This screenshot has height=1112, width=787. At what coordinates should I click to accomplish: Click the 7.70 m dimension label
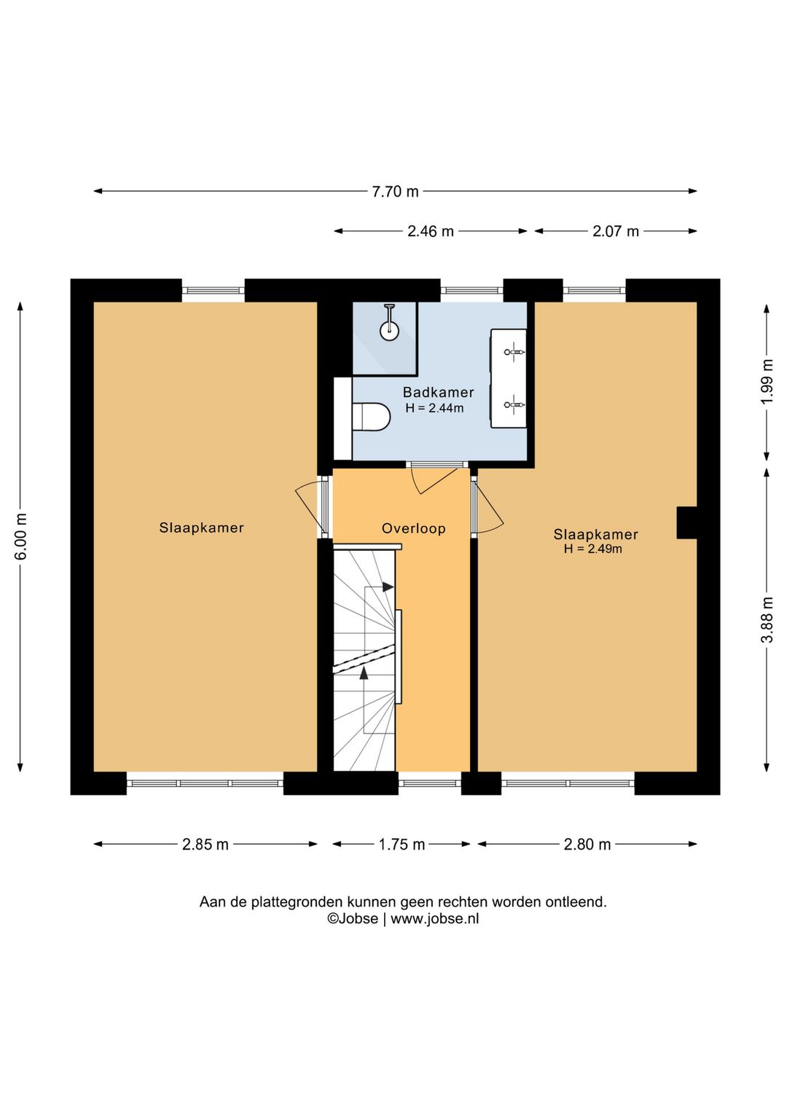pyautogui.click(x=395, y=192)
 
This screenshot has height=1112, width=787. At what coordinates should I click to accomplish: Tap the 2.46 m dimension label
pyautogui.click(x=431, y=231)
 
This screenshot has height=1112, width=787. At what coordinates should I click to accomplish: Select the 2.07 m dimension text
pyautogui.click(x=616, y=231)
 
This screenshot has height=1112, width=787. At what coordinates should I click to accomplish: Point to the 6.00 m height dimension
pyautogui.click(x=21, y=536)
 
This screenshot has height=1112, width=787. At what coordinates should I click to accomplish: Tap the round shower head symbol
pyautogui.click(x=389, y=331)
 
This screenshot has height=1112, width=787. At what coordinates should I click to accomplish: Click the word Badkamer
pyautogui.click(x=438, y=393)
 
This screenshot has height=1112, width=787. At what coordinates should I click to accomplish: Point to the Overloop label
pyautogui.click(x=414, y=528)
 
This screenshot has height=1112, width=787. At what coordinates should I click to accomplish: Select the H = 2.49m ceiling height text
pyautogui.click(x=593, y=549)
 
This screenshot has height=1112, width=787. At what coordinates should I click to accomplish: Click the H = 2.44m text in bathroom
pyautogui.click(x=434, y=408)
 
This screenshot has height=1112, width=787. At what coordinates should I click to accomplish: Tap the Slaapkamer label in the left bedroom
pyautogui.click(x=201, y=527)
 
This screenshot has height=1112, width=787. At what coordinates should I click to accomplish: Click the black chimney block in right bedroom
pyautogui.click(x=687, y=522)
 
